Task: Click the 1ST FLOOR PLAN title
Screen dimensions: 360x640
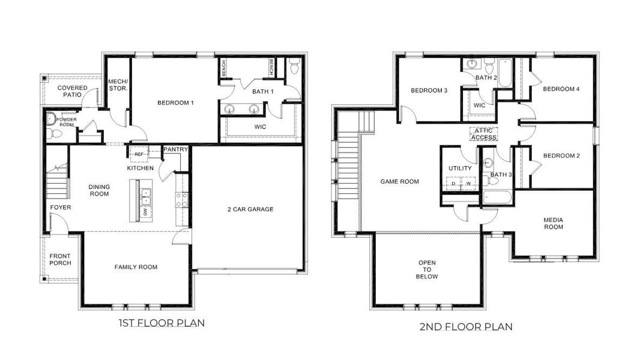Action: click(x=161, y=323)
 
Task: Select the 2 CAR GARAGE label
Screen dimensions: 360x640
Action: click(x=250, y=209)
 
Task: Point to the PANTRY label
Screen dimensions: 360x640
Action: click(x=176, y=149)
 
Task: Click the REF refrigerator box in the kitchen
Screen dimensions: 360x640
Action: click(x=139, y=154)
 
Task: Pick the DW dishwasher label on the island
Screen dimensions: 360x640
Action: click(x=145, y=212)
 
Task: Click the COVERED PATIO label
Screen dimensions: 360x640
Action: click(x=72, y=92)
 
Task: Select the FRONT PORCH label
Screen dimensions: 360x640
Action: click(x=60, y=259)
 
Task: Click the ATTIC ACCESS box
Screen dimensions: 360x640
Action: click(x=483, y=134)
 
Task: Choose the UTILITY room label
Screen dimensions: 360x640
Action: click(x=460, y=169)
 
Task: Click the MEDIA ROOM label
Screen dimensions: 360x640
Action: click(x=554, y=223)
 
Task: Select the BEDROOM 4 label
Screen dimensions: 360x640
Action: click(x=561, y=89)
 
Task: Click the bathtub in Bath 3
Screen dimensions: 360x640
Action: click(x=497, y=197)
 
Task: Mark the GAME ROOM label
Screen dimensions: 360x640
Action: click(x=399, y=181)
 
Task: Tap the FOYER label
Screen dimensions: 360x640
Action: click(x=60, y=208)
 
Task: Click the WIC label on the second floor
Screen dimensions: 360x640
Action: click(x=479, y=105)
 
